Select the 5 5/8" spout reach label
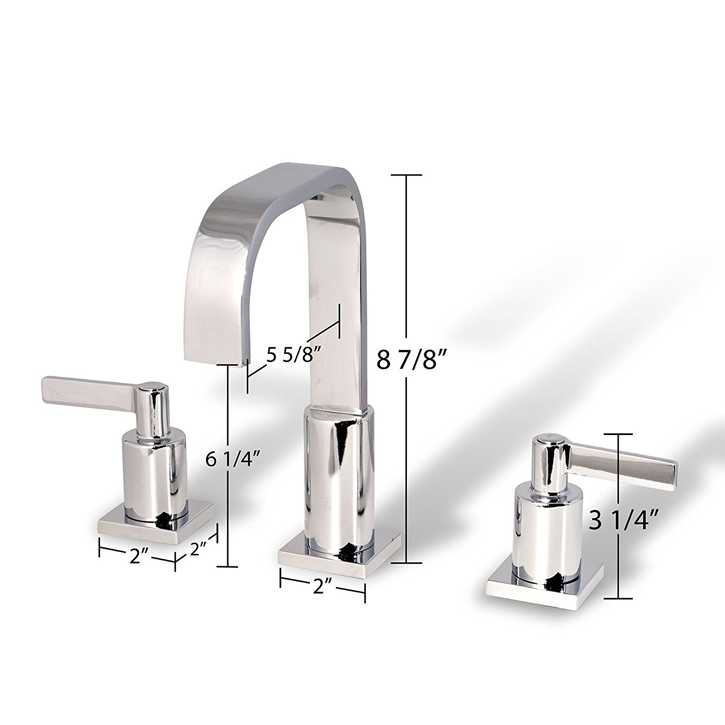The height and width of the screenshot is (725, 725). coord(294,356)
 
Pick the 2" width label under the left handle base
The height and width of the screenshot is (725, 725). coord(137,556)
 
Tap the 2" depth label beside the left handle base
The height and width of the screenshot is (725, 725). coord(198,549)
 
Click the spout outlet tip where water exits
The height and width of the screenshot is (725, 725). coord(216,360)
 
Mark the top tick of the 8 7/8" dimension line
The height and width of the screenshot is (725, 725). coord(406,174)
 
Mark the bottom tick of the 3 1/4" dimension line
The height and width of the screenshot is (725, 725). coord(618,598)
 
